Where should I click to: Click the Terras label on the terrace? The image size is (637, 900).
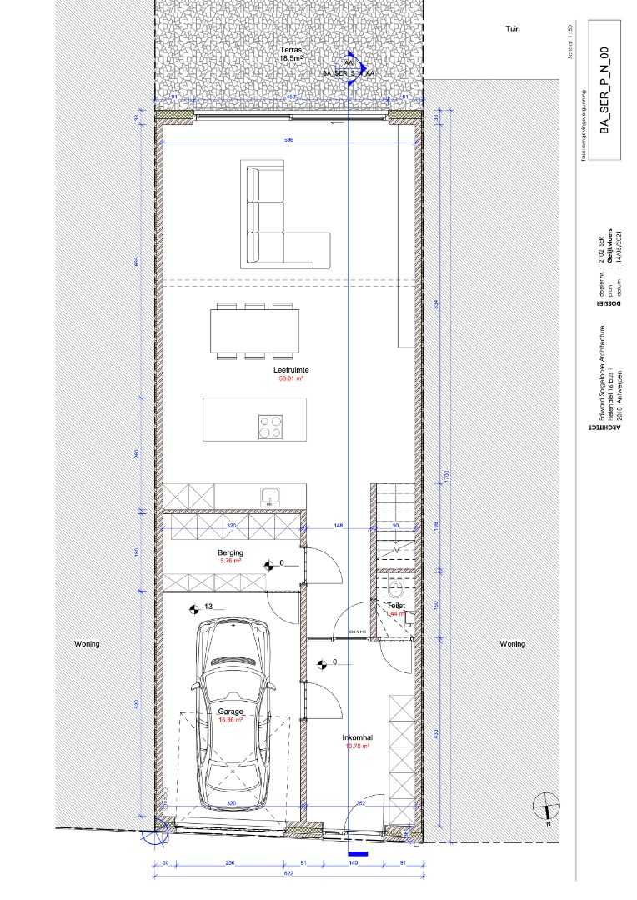coord(290,51)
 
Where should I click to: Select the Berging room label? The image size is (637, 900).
coord(231,552)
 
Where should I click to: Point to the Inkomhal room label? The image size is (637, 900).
coord(356,738)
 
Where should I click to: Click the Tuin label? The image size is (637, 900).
coord(512,28)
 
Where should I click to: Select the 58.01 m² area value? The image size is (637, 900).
coord(290,378)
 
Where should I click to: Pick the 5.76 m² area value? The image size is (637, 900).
coord(231,561)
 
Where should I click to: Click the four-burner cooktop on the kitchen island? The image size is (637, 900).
coord(270,427)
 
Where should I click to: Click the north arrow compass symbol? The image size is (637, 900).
coord(545,806)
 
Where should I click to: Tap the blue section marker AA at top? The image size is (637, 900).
coord(349,63)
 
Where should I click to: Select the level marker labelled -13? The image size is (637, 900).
coord(201,607)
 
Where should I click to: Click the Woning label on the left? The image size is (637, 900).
coord(87,644)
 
